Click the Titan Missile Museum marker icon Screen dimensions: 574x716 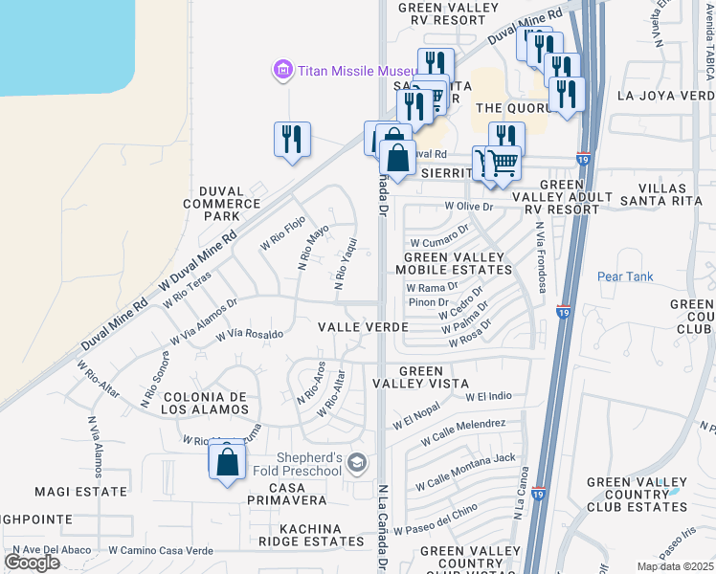(x=281, y=70)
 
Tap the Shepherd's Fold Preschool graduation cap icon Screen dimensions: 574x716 (x=357, y=464)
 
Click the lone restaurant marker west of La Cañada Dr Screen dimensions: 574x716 (x=291, y=139)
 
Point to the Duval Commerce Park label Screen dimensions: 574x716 (x=222, y=203)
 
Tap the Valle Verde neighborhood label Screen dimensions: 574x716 (x=364, y=327)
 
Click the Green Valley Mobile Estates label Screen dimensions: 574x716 (x=454, y=264)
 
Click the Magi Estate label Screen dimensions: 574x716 (x=80, y=492)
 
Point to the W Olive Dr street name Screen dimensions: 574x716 (x=468, y=206)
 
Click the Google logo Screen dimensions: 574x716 (x=32, y=563)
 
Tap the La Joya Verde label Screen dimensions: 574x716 (x=665, y=96)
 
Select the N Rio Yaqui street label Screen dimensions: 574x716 (x=346, y=264)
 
